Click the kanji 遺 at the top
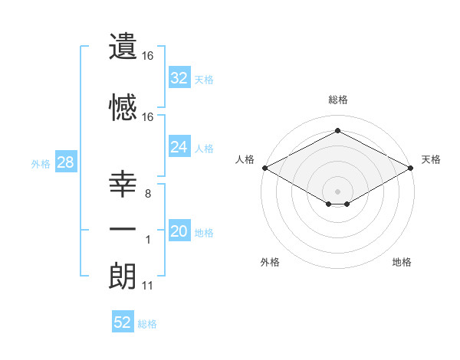(123, 47)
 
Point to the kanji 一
(123, 229)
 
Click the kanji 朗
(123, 274)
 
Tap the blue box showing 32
(179, 78)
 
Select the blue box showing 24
(179, 147)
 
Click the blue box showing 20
(179, 231)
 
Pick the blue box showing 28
(65, 162)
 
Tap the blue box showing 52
(123, 322)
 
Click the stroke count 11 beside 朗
(147, 286)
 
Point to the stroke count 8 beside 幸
(147, 194)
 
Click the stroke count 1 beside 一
(148, 241)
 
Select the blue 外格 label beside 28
(41, 163)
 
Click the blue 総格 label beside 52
(147, 324)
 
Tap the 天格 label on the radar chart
(431, 159)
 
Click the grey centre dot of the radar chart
(337, 190)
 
